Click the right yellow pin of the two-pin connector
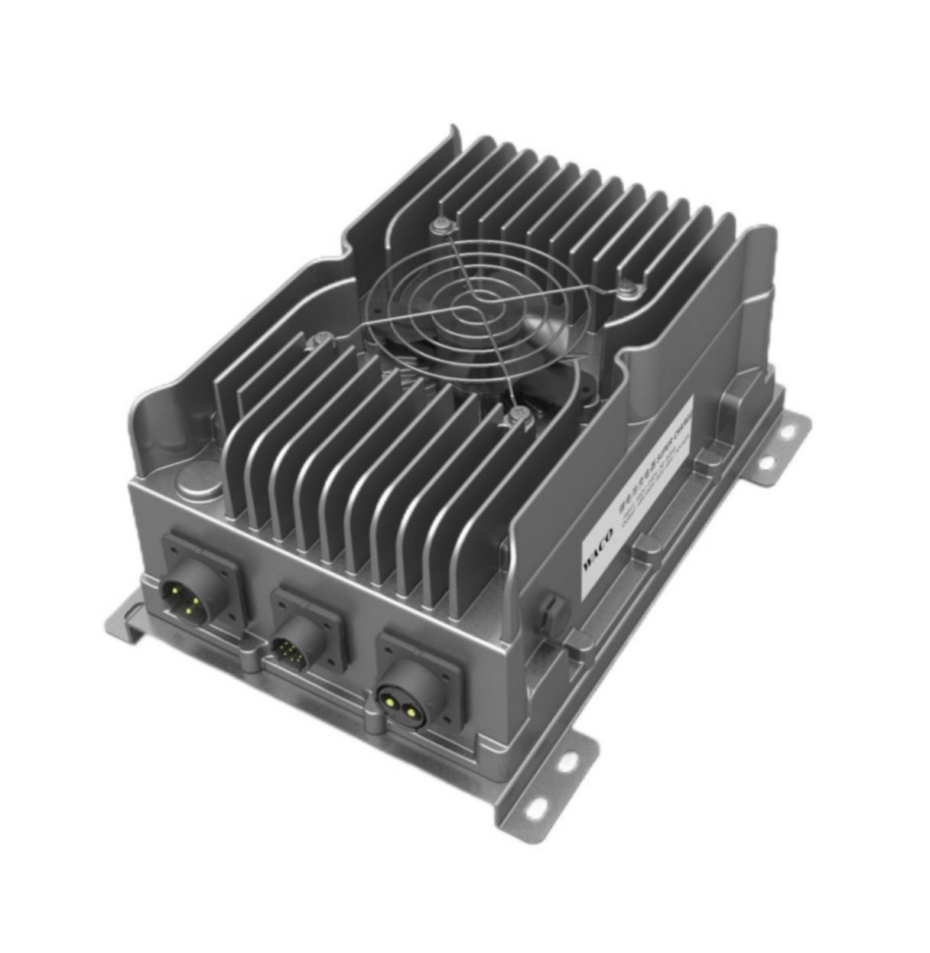(x=415, y=712)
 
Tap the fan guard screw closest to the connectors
(x=519, y=415)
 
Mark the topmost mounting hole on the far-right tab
(x=783, y=431)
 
